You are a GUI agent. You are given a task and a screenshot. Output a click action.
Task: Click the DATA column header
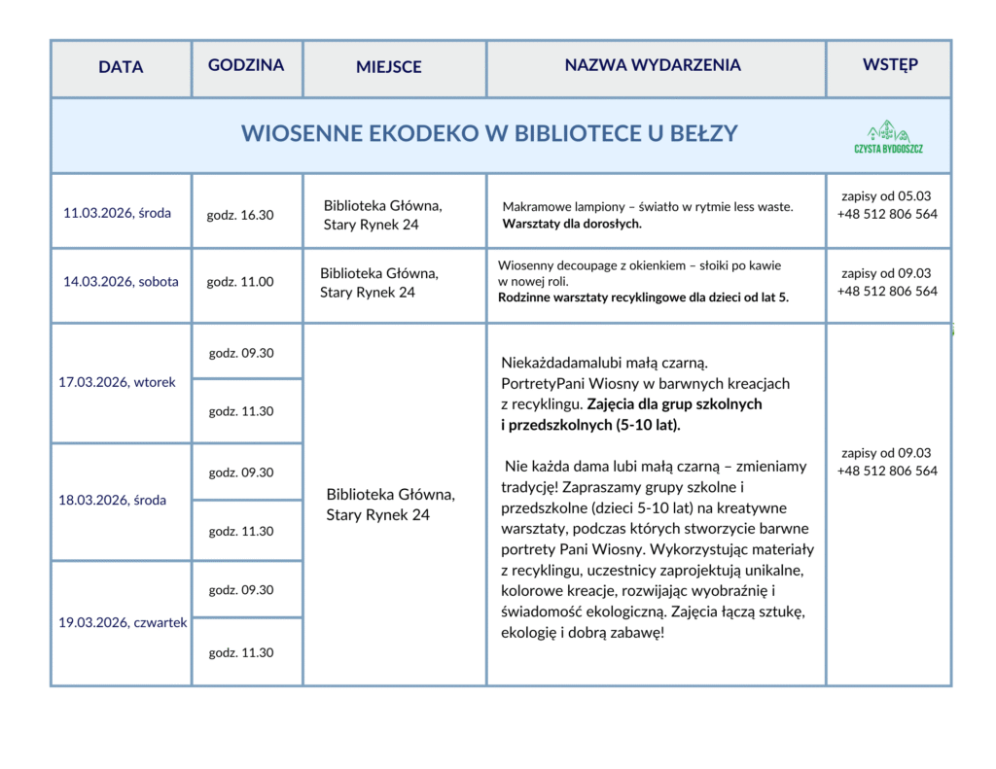(x=121, y=67)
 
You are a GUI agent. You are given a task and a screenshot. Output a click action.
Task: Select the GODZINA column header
(x=246, y=65)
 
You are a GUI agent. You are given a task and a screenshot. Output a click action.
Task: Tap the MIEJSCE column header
(x=389, y=67)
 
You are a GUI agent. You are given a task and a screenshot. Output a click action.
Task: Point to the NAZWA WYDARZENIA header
(x=653, y=65)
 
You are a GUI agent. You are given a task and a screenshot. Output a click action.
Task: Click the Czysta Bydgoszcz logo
(x=888, y=137)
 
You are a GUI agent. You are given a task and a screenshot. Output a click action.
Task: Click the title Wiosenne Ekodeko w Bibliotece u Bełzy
(x=489, y=134)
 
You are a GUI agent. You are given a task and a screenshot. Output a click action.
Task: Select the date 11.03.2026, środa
(x=117, y=213)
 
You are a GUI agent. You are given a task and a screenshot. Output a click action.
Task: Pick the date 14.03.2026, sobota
(x=122, y=282)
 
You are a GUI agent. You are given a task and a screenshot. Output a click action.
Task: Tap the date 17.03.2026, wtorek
(x=118, y=382)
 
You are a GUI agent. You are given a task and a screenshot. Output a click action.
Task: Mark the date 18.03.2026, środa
(x=113, y=501)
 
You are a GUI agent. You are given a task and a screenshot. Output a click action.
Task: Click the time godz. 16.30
(x=240, y=215)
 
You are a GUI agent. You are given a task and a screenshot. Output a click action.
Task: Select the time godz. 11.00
(x=240, y=282)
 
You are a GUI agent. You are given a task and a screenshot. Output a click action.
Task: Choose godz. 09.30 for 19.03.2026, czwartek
(x=241, y=590)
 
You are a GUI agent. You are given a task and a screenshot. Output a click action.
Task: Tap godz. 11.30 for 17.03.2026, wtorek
(x=241, y=411)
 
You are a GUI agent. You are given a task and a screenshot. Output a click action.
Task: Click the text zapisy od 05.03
(x=886, y=196)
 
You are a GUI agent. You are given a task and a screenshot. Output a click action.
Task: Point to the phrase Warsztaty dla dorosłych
(x=572, y=224)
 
